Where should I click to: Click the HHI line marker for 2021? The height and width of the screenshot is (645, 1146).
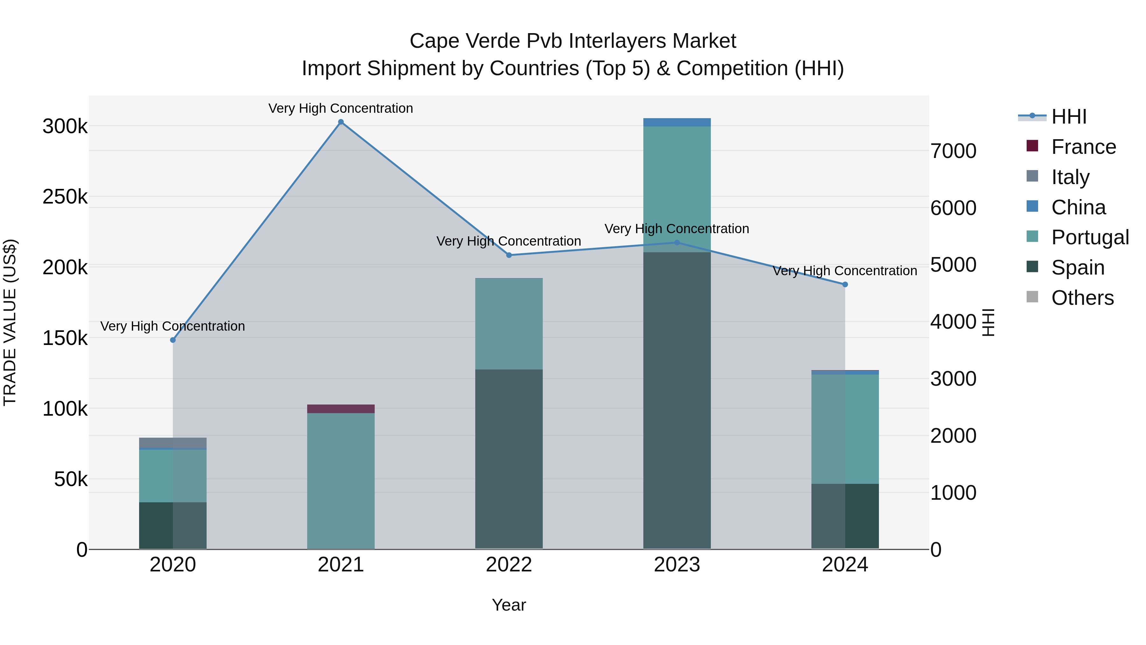click(x=341, y=122)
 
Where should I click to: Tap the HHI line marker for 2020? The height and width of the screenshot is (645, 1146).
click(x=173, y=340)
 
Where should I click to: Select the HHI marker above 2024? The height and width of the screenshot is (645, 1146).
click(x=845, y=284)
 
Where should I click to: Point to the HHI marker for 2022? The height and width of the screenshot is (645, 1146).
click(x=509, y=255)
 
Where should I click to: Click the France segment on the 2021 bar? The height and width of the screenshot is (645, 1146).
click(x=341, y=409)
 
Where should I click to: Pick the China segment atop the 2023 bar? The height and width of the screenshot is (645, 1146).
click(x=677, y=122)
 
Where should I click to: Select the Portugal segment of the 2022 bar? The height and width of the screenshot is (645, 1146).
click(x=509, y=324)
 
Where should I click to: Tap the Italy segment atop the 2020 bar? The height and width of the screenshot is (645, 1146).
click(x=173, y=442)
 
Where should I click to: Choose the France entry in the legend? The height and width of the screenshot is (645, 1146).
click(x=1083, y=147)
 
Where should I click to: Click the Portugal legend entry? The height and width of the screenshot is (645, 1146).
click(x=1090, y=237)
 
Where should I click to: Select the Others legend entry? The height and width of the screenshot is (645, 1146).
click(x=1082, y=298)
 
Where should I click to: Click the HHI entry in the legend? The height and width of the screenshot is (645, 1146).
click(x=1069, y=117)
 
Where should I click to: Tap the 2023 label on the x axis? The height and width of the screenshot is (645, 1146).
click(x=677, y=565)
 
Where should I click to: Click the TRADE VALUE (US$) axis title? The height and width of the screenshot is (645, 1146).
click(x=10, y=322)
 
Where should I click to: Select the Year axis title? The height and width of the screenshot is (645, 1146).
click(x=509, y=605)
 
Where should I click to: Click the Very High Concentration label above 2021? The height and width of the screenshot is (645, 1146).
click(x=341, y=108)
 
